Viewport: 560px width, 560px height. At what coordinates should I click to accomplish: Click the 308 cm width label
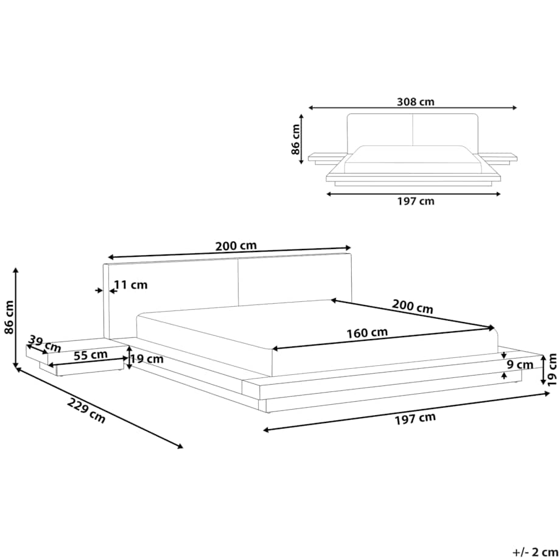pos(415,102)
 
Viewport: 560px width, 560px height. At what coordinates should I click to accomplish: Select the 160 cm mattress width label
pos(367,333)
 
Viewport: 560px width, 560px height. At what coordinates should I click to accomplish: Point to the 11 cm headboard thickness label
pos(131,285)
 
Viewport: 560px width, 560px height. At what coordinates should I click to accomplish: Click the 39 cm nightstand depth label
pos(44,343)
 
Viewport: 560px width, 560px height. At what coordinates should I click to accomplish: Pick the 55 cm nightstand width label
pos(90,355)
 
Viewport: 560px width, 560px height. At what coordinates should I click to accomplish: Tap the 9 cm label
pos(520,365)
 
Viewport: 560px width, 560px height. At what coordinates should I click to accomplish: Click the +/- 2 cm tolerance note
pos(536,552)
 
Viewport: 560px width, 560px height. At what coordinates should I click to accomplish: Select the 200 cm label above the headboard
pos(236,246)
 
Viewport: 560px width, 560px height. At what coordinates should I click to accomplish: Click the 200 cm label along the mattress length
pos(413,306)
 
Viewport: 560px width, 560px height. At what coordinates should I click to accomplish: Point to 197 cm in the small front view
pos(416,201)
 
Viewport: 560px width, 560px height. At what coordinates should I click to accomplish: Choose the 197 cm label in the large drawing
pos(415,419)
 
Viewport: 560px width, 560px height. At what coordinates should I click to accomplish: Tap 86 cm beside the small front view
pos(295,139)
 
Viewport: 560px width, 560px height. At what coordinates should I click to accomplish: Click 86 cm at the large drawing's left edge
pos(9,317)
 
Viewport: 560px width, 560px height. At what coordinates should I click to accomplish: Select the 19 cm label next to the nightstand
pos(147,359)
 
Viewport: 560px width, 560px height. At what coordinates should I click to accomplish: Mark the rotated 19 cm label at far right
pos(552,369)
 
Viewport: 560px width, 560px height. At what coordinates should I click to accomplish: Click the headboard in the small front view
pos(413,133)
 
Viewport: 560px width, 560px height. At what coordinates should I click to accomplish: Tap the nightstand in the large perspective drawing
pos(77,357)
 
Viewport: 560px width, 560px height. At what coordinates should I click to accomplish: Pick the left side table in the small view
pos(327,159)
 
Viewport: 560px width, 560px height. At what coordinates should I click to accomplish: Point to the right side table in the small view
pos(497,159)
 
